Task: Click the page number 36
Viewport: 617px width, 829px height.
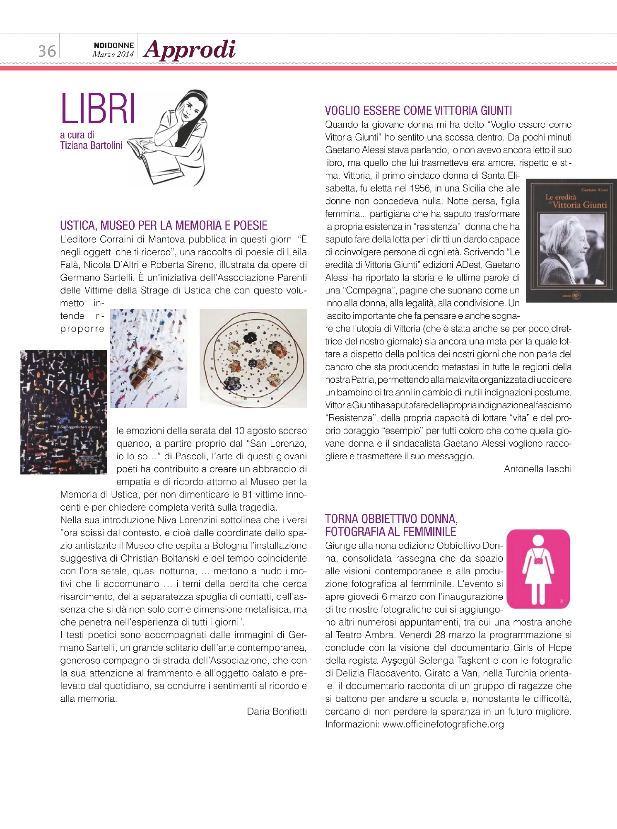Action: pos(47,51)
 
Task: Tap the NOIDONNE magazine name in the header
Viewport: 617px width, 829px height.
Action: pos(114,45)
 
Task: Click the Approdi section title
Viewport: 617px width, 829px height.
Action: pos(190,50)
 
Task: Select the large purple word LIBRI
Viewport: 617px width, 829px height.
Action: pos(98,109)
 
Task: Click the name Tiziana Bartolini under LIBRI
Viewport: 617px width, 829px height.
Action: pos(91,145)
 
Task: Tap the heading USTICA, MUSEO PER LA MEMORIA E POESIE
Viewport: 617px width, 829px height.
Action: pos(164,225)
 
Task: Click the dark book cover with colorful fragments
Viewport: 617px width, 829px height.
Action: pos(63,412)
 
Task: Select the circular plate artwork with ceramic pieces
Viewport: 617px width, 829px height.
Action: pos(253,358)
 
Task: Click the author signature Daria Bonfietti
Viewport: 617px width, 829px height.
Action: pos(277,711)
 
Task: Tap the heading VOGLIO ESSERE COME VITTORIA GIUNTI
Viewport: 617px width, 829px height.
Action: pos(418,111)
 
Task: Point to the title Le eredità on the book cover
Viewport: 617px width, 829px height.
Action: pos(561,197)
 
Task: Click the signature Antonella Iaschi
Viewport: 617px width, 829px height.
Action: pos(537,469)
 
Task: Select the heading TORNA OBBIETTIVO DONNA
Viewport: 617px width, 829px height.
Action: pos(391,519)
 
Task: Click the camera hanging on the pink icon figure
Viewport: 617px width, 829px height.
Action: pos(538,560)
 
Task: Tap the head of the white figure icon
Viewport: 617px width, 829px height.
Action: pos(538,540)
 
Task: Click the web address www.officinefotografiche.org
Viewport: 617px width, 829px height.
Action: pos(443,724)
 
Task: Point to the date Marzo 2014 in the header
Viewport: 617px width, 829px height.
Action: pos(113,54)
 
